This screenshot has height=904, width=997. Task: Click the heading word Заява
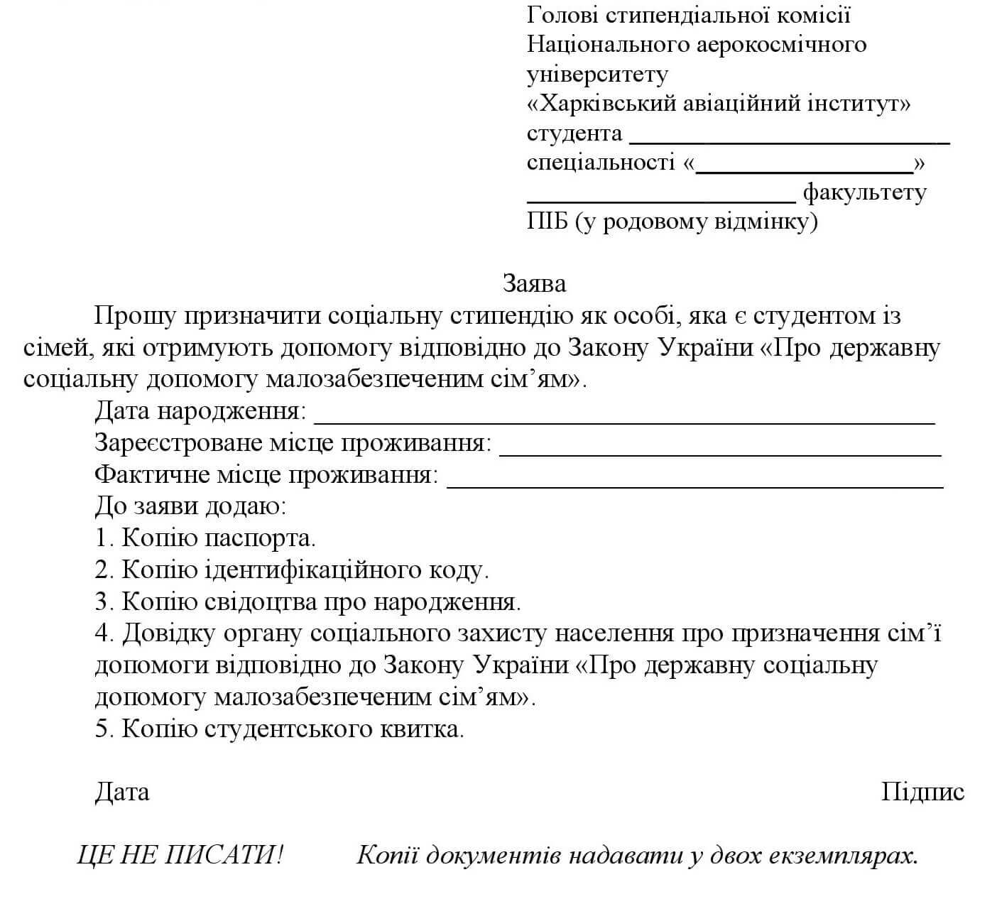pyautogui.click(x=534, y=283)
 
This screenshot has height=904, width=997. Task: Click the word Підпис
pyautogui.click(x=922, y=792)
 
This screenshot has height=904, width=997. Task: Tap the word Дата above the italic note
pyautogui.click(x=122, y=792)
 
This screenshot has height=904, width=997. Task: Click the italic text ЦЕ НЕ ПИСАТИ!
pyautogui.click(x=180, y=855)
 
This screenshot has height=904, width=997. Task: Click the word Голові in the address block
pyautogui.click(x=560, y=15)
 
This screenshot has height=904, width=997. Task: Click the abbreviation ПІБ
pyautogui.click(x=547, y=222)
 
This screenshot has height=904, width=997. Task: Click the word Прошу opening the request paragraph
pyautogui.click(x=134, y=316)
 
